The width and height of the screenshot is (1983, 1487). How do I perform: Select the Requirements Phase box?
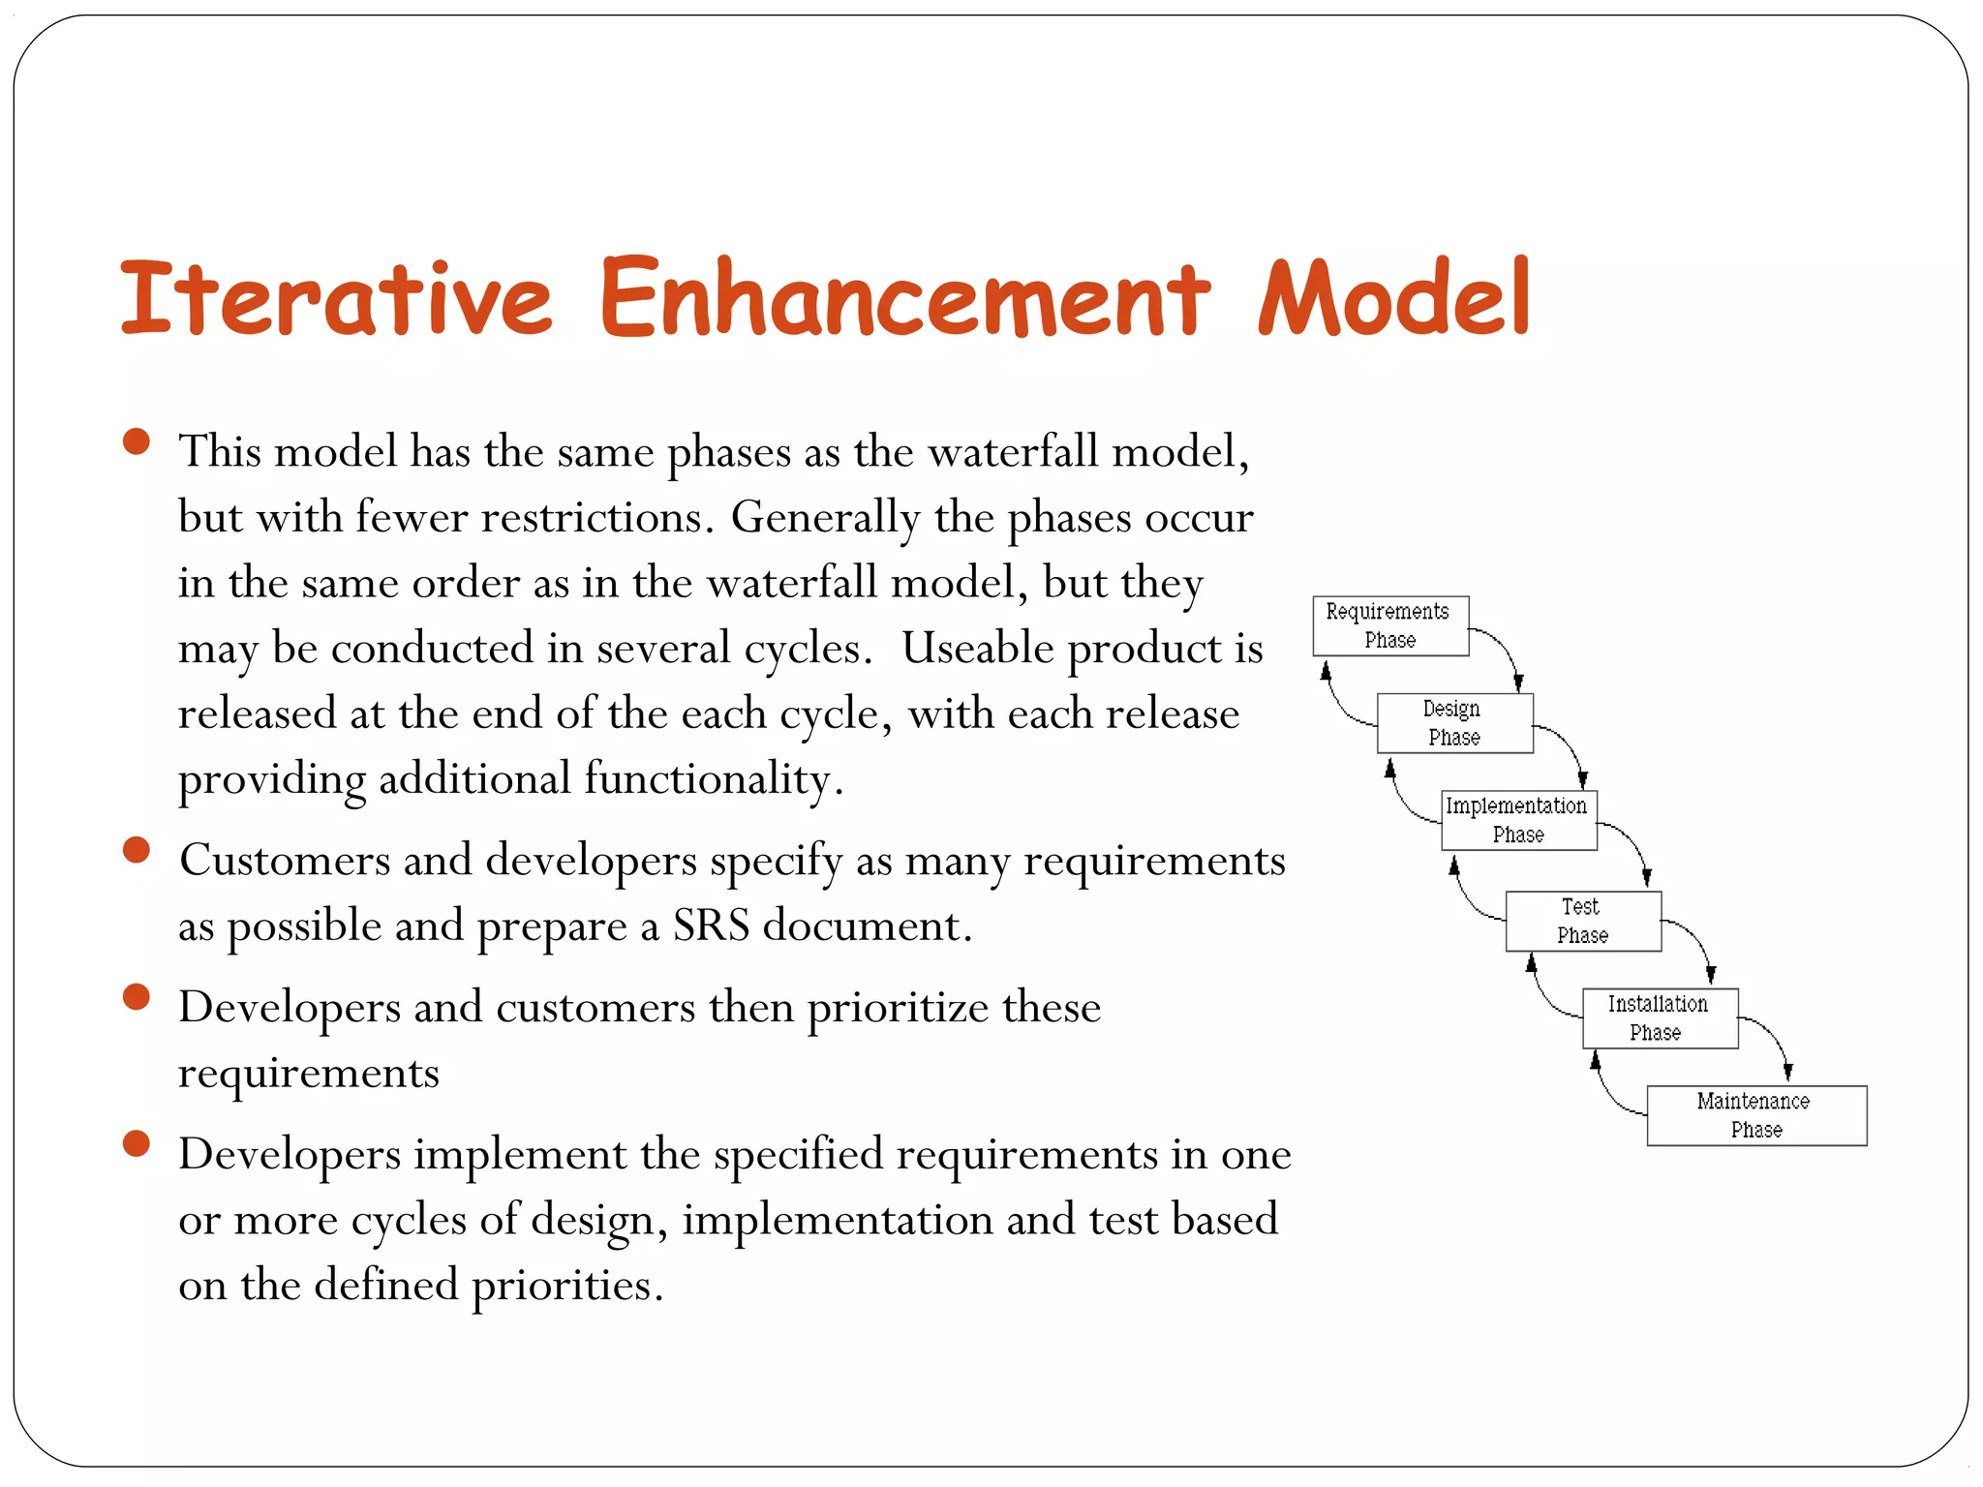click(x=1389, y=626)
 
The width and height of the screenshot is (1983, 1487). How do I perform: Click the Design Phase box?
click(x=1454, y=723)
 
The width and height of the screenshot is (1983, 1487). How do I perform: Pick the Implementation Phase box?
click(x=1518, y=820)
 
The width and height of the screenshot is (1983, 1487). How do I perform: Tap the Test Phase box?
click(x=1582, y=922)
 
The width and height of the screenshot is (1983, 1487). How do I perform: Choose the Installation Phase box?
click(x=1660, y=1018)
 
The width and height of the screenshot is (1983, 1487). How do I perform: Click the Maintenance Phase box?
click(x=1755, y=1115)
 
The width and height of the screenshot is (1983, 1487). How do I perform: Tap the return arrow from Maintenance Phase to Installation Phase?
click(x=1608, y=1095)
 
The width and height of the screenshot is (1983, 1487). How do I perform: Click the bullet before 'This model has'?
click(x=137, y=442)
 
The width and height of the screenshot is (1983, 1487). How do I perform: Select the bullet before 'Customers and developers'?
click(x=137, y=850)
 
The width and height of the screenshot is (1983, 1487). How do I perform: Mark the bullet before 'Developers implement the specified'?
click(x=137, y=1144)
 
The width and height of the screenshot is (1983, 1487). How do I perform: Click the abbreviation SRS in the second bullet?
click(x=711, y=926)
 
